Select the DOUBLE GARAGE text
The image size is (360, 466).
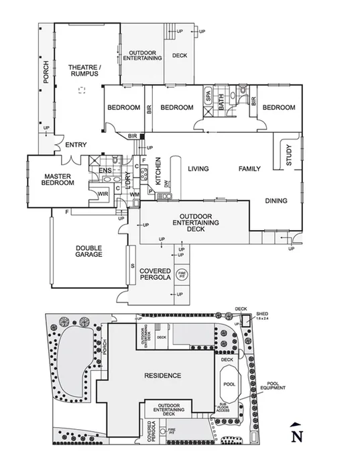click(88, 251)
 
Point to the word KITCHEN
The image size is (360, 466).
click(158, 171)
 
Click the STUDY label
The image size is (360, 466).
click(289, 156)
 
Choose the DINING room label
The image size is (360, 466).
click(276, 200)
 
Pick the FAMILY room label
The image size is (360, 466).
click(249, 169)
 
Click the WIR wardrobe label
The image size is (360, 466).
click(103, 194)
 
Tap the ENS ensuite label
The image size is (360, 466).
click(105, 171)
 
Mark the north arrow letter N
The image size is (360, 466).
click(295, 436)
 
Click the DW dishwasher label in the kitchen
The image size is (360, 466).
click(166, 184)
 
